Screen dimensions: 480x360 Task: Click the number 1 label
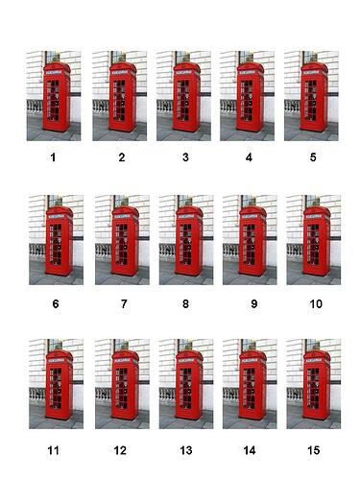point(54,156)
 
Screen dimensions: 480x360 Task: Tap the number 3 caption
point(184,156)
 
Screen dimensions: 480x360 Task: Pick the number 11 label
point(54,448)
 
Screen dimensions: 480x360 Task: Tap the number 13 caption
point(184,448)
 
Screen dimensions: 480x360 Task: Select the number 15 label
point(313,448)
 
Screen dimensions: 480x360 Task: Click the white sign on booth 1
point(54,71)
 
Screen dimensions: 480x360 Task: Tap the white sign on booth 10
point(316,217)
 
